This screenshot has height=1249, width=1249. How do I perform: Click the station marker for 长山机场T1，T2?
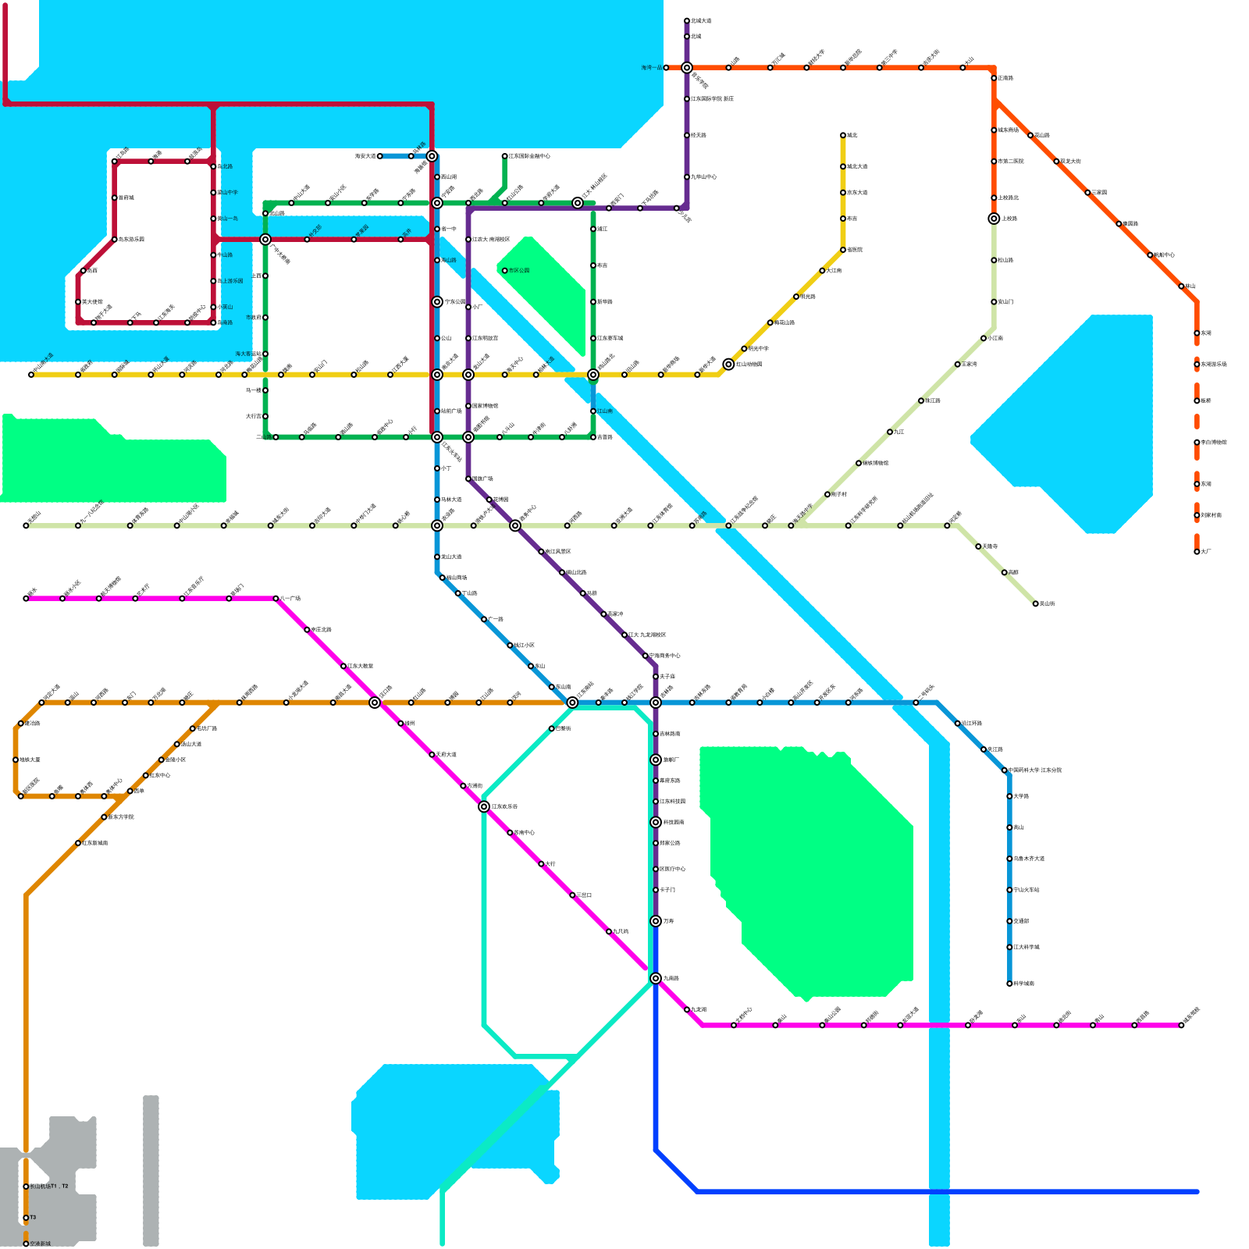26,1187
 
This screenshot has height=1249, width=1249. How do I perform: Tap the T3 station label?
33,1218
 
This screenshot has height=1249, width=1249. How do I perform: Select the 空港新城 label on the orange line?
41,1244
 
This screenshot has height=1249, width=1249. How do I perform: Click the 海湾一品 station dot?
666,68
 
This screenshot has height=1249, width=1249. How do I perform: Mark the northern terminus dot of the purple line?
687,21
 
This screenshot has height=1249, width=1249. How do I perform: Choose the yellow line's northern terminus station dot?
843,135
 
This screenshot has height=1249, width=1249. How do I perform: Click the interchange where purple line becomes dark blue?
656,921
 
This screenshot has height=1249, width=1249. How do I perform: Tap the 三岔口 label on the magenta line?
584,895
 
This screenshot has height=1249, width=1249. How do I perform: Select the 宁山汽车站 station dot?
1009,890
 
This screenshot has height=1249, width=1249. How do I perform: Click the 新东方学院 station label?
121,817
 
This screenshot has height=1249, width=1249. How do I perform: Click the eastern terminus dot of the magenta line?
1181,1025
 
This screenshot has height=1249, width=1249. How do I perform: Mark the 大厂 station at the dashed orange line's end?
1197,552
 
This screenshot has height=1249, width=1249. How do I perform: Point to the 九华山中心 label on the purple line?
704,177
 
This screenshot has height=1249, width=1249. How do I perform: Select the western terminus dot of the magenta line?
26,599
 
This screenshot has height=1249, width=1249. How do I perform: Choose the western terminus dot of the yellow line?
31,375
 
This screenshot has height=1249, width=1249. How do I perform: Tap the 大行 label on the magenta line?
550,864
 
